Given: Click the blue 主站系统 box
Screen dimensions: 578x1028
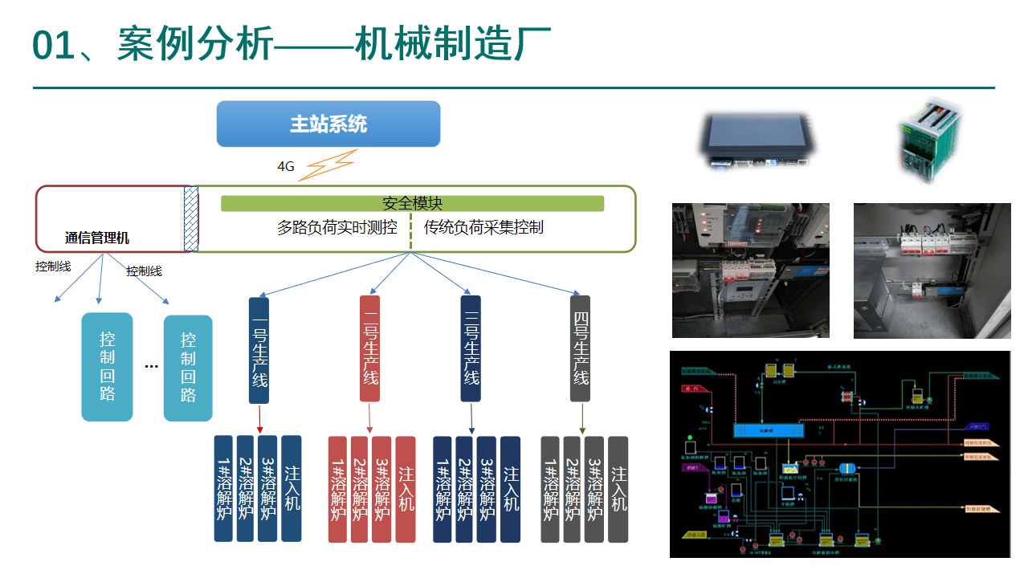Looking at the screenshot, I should coord(328,124).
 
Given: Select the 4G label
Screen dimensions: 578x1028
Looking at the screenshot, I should coord(286,167).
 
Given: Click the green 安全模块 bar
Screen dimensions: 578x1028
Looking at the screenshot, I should coord(412,204).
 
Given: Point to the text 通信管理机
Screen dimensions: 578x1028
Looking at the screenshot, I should coord(97,238).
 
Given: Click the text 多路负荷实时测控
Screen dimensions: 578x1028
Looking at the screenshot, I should coord(337,228).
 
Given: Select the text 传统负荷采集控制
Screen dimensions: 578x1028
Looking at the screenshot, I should coord(483,228).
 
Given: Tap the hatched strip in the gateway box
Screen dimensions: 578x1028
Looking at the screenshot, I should coord(191,219).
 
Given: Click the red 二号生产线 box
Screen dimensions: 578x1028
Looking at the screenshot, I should coord(369,349).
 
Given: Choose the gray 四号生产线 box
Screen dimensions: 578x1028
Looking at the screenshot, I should coord(580,349).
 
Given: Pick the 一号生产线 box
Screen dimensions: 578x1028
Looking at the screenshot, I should coord(259,349).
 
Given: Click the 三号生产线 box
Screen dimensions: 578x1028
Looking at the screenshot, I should coord(471,349).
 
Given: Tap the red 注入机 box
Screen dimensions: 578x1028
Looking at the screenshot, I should coord(406,489).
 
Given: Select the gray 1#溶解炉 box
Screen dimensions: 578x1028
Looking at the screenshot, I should coord(550,489).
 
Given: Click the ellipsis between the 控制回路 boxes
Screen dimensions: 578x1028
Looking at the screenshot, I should coord(152,366).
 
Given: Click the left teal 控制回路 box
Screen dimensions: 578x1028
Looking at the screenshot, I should coord(108,368).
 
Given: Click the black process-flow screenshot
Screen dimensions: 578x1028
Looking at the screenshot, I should coord(839,454).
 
